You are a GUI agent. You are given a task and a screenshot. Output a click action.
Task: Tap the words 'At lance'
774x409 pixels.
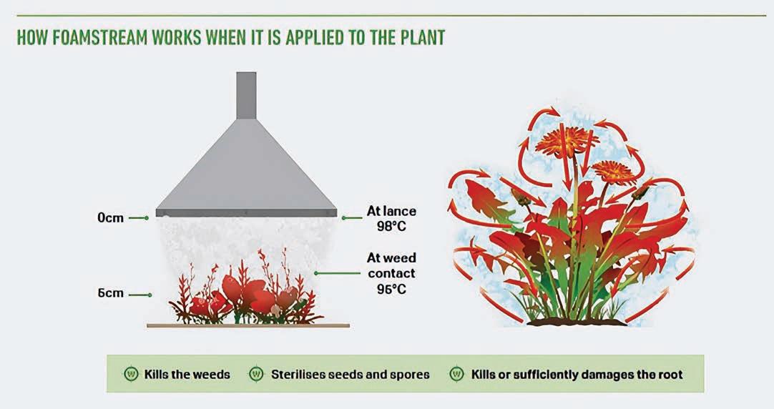(391, 212)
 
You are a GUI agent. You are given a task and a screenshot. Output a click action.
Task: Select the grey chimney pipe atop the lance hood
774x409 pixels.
(245, 96)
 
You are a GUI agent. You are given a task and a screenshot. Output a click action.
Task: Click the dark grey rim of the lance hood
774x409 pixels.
(246, 212)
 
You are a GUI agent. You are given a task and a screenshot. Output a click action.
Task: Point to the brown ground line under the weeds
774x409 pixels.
(248, 325)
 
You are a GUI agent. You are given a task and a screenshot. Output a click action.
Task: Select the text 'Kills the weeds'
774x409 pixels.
(187, 374)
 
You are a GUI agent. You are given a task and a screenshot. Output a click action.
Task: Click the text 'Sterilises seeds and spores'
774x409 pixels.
(351, 374)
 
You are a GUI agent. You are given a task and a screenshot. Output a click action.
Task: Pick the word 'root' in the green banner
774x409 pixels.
(669, 374)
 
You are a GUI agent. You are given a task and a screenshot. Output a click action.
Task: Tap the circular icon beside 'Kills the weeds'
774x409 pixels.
(131, 374)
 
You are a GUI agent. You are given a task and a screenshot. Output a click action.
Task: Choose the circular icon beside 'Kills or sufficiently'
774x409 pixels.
(456, 374)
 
